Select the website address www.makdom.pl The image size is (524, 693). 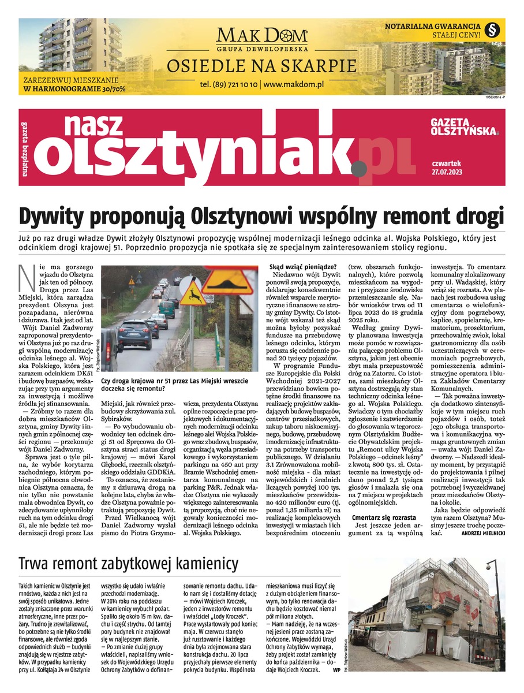[x=294, y=84]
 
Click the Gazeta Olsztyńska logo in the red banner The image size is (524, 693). [x=459, y=127]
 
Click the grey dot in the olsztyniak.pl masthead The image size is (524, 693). [x=359, y=169]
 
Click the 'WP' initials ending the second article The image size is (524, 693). [x=336, y=670]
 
